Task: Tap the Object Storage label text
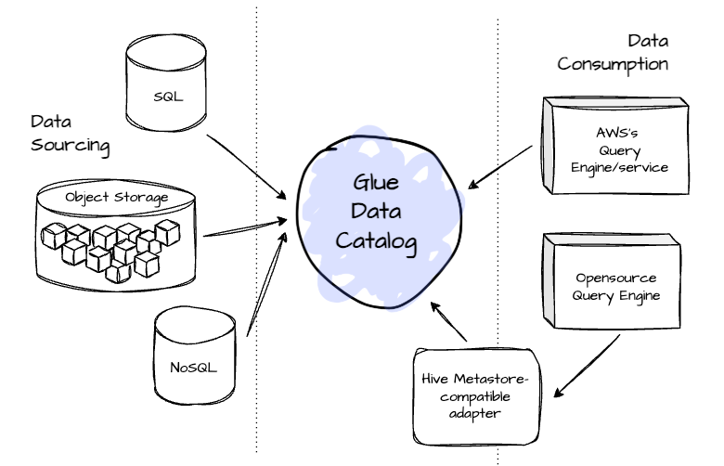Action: pos(116,198)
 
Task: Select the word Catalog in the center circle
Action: pos(376,241)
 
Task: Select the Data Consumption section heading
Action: pos(612,53)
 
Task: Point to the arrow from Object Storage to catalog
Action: pos(243,228)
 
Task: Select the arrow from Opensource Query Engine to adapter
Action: pos(586,363)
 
